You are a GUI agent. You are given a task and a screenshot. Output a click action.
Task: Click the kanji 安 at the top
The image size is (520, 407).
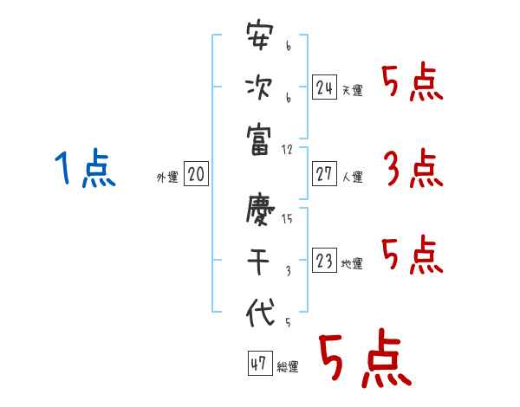[259, 40]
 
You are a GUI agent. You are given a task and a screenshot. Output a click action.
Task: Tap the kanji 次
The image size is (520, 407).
[259, 87]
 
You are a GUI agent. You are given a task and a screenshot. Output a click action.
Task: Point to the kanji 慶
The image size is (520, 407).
[259, 208]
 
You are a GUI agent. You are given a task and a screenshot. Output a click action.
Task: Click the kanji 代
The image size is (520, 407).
[259, 313]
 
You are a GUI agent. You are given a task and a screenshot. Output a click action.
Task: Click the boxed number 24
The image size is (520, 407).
[324, 87]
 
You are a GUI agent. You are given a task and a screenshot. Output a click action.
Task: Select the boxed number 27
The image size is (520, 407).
[324, 175]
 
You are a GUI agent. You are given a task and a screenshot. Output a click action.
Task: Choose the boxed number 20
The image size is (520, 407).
[196, 175]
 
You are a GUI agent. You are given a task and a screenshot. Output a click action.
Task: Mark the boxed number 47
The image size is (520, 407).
[258, 365]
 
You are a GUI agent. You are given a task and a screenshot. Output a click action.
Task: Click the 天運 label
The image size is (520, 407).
[352, 90]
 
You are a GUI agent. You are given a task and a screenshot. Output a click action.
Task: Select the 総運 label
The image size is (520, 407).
[287, 367]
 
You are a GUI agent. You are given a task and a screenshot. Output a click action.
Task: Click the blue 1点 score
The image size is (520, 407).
[85, 168]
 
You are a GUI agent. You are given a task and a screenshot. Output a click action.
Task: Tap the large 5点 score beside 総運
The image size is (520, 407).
[364, 360]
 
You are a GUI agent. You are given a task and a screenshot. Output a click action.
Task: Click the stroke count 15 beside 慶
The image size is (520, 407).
[287, 219]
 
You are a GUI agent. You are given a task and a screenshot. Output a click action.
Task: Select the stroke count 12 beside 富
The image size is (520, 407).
[288, 148]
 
